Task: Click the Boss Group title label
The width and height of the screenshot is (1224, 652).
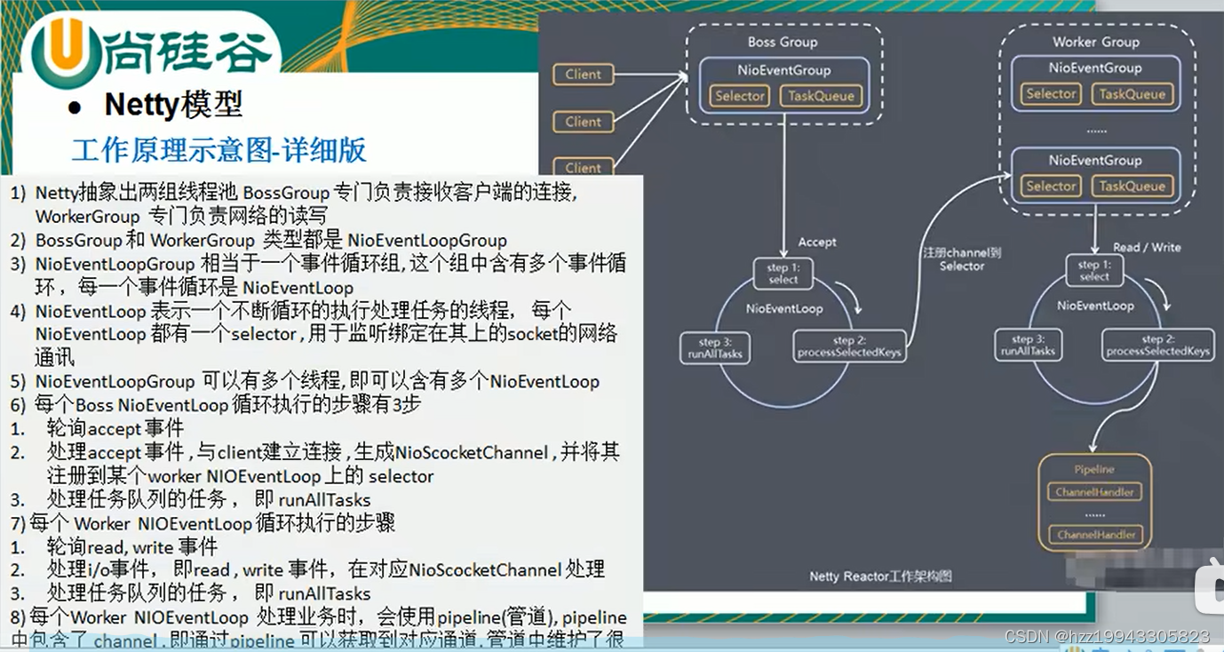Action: pos(782,42)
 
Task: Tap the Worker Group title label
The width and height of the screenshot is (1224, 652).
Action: pos(1095,42)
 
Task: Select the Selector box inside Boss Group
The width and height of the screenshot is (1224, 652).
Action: pos(740,96)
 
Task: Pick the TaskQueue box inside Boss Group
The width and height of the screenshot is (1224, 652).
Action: pos(821,96)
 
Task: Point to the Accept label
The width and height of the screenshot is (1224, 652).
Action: pos(816,242)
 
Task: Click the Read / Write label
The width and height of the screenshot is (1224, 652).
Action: pos(1147,247)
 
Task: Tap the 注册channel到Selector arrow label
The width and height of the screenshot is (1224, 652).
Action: pos(961,259)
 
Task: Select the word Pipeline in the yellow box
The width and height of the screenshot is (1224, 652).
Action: pos(1093,469)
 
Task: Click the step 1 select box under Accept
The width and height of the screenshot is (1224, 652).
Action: pos(783,274)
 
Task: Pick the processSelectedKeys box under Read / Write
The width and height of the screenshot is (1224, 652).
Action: pos(1157,346)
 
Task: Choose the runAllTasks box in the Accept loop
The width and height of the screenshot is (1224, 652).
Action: pos(714,347)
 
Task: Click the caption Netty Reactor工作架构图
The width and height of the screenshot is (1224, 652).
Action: pos(880,576)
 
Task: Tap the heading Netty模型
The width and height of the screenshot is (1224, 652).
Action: pos(173,105)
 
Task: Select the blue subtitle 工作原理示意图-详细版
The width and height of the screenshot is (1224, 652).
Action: pos(219,149)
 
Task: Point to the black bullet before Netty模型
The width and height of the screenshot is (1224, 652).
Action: pos(76,107)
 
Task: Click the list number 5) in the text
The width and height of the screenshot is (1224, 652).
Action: pos(19,381)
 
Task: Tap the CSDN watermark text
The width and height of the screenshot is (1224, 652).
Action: pos(1106,637)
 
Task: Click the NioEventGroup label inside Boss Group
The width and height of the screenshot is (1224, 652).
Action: pos(783,70)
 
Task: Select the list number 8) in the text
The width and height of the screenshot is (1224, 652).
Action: pos(19,616)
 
